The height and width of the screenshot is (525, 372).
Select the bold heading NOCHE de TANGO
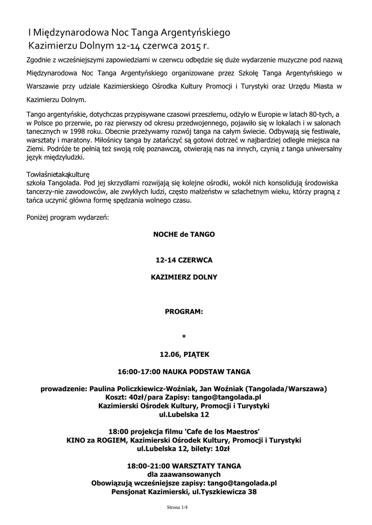[184, 234]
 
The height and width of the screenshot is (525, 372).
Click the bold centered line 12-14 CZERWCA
[184, 260]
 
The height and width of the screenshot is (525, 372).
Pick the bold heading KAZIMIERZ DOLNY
[184, 277]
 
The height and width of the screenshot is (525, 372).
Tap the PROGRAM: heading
[184, 311]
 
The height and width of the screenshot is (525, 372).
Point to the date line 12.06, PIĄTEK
[184, 354]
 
